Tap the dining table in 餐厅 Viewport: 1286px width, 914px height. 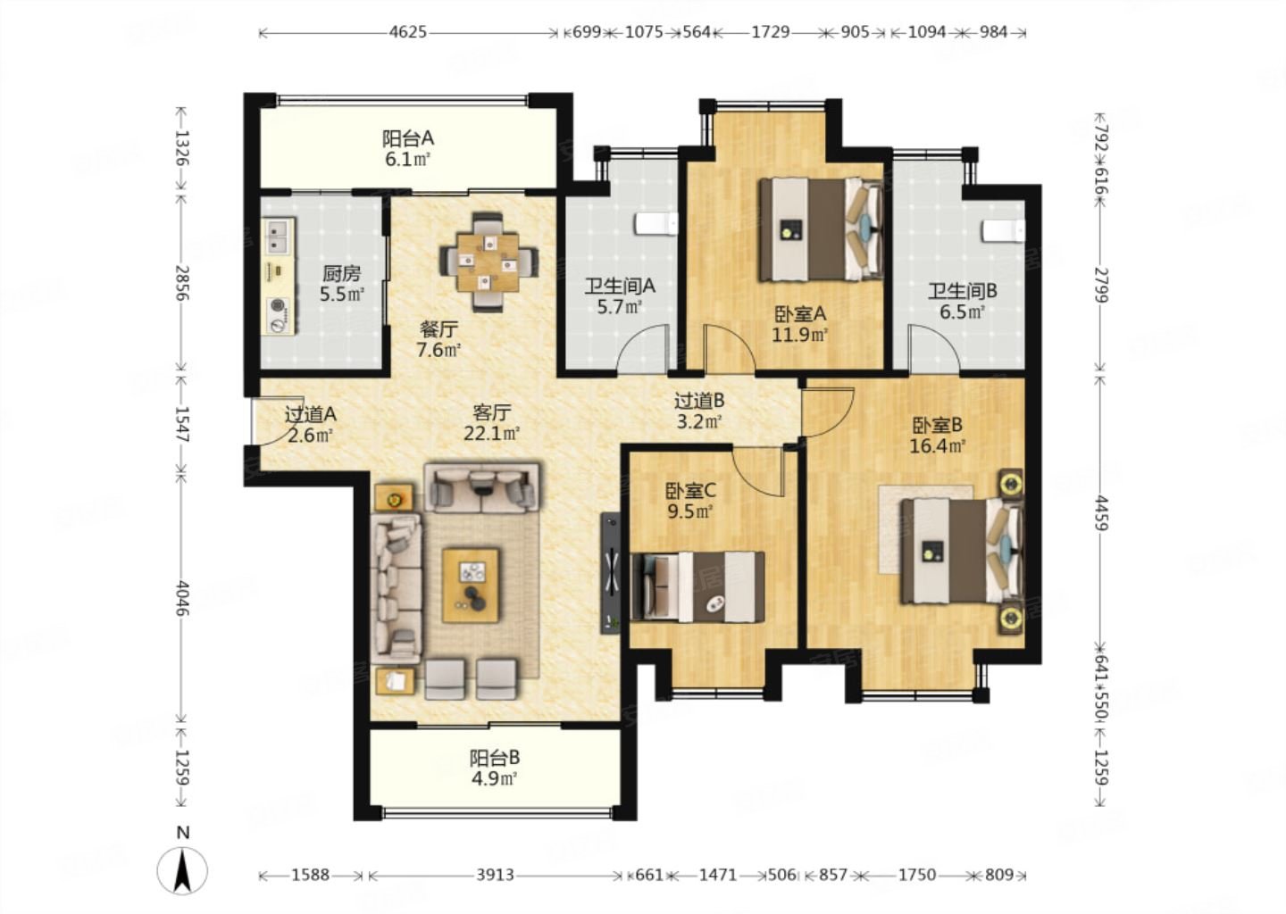click(x=489, y=262)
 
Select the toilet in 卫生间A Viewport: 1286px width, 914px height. click(x=656, y=224)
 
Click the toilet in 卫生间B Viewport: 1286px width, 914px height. click(x=1003, y=231)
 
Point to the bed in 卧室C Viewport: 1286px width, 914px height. click(x=698, y=587)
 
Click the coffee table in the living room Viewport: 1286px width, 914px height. click(x=470, y=586)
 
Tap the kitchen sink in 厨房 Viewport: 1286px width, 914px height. click(x=280, y=236)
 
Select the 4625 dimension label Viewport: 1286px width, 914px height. click(x=407, y=32)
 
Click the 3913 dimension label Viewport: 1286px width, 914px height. click(x=495, y=875)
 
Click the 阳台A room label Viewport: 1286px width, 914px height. click(x=407, y=138)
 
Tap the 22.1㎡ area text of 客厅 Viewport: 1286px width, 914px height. click(x=491, y=433)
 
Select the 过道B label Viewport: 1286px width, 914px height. click(x=698, y=401)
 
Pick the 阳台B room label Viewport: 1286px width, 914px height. click(x=495, y=758)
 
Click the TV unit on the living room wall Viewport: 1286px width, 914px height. click(x=610, y=573)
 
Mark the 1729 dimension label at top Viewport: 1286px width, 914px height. click(x=771, y=32)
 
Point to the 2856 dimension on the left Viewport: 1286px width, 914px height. click(x=182, y=283)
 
